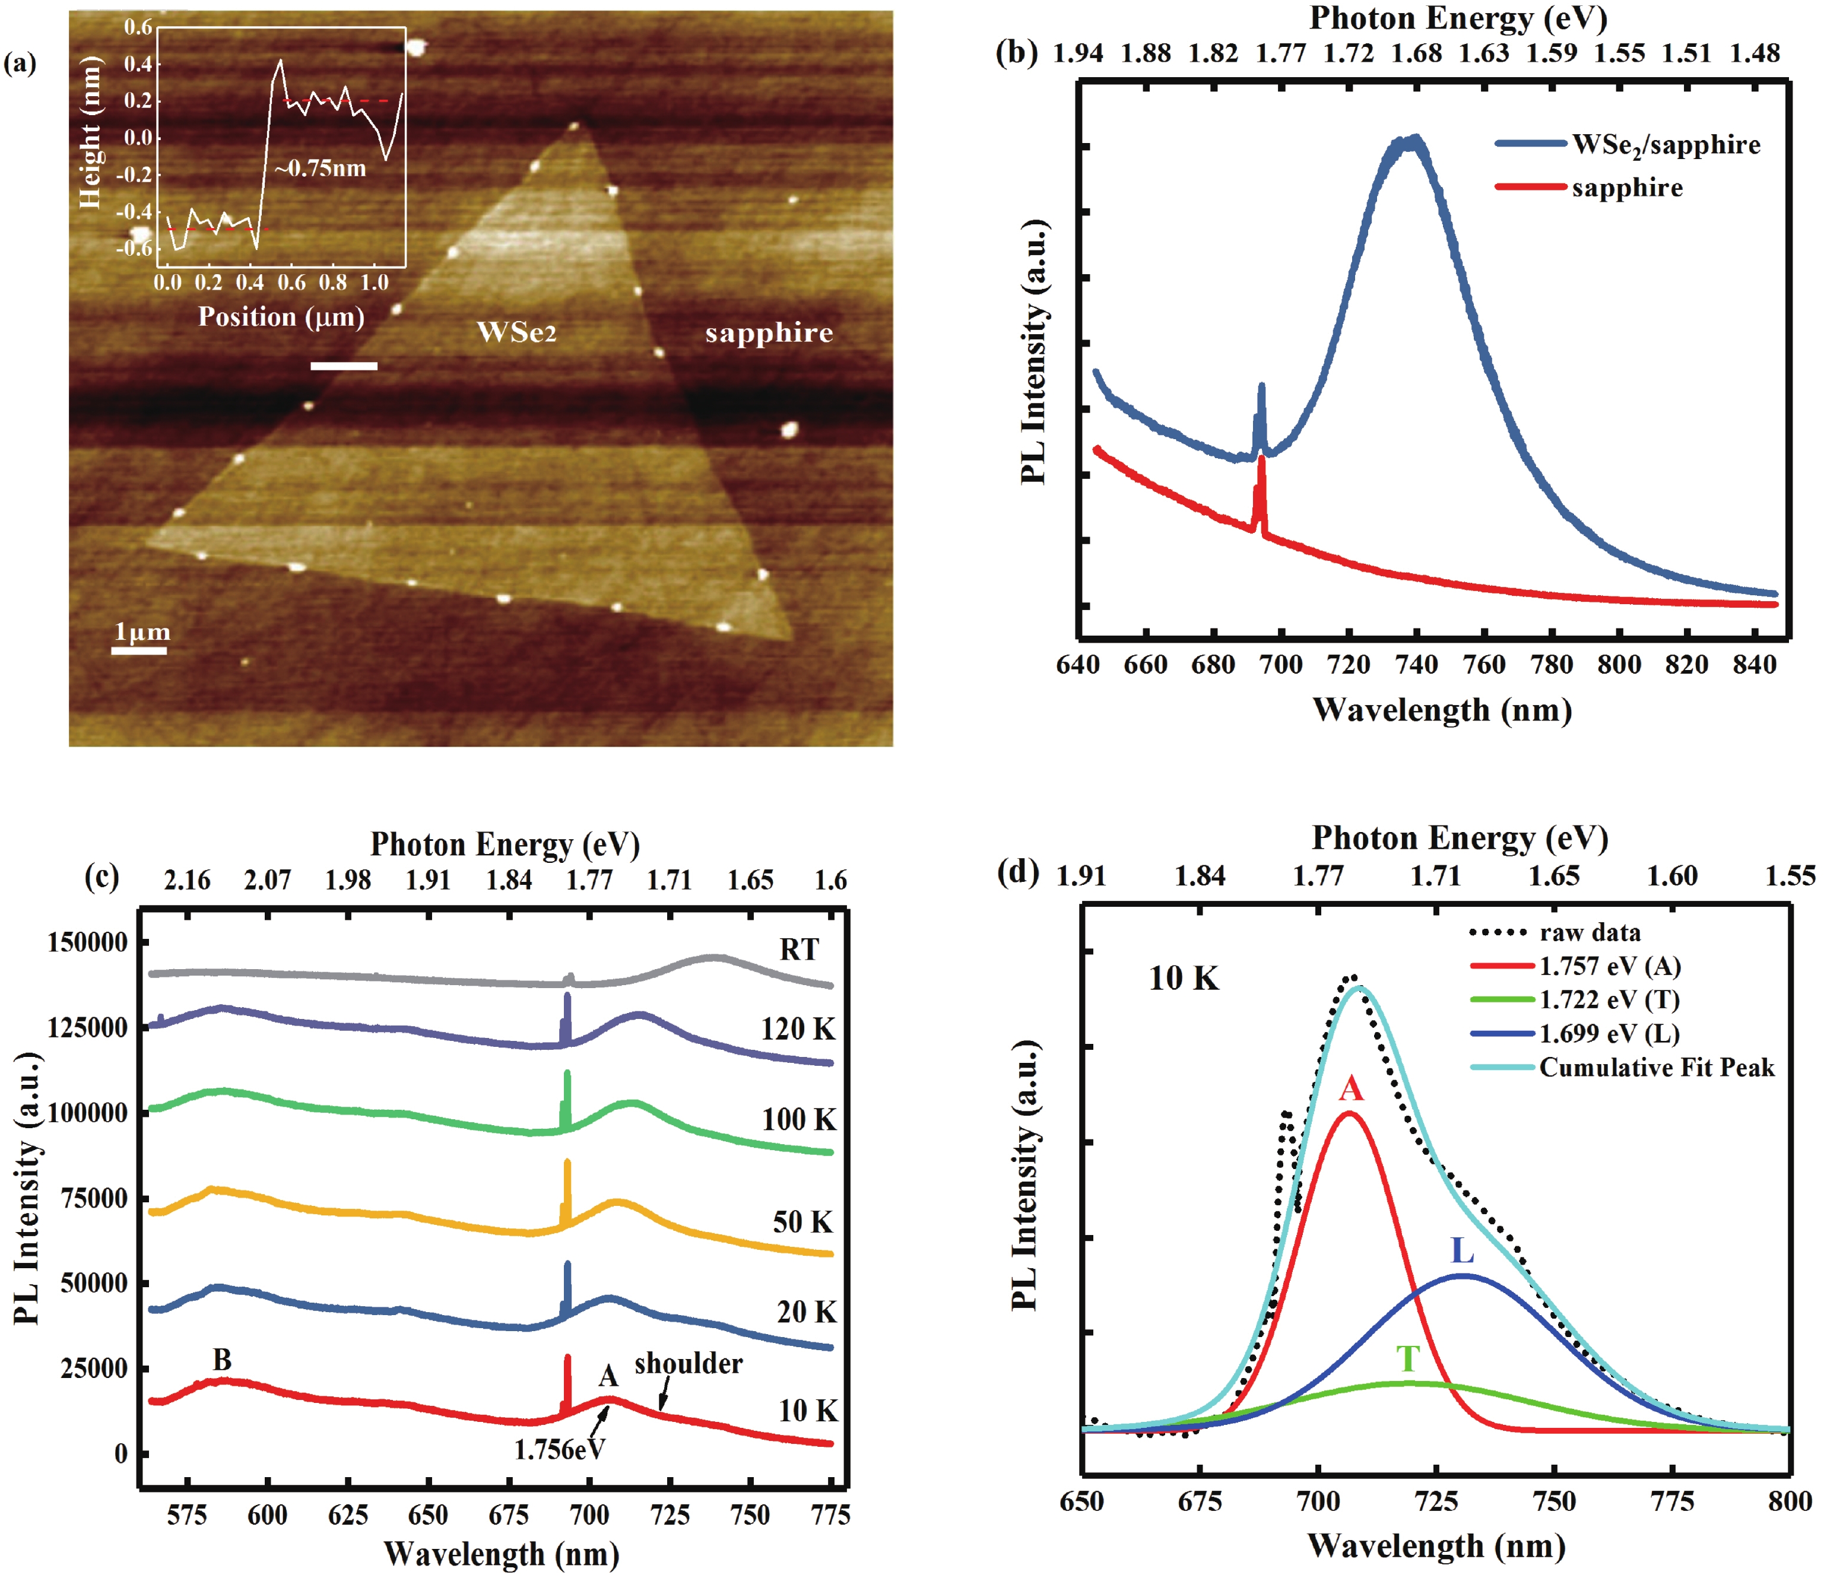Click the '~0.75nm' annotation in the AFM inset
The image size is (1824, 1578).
point(320,168)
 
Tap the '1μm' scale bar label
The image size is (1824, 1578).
point(142,632)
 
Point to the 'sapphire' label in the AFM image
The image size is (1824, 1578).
point(769,333)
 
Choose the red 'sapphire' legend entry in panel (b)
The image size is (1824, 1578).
point(1627,188)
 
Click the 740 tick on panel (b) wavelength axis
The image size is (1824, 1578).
point(1416,664)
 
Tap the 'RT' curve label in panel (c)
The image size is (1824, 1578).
point(799,950)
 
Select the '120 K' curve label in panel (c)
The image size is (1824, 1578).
point(798,1030)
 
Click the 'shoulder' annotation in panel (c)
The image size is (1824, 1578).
point(688,1364)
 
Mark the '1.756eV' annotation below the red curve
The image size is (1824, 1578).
point(560,1449)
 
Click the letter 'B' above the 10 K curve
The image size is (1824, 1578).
point(222,1360)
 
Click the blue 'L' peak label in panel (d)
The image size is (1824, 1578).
point(1462,1250)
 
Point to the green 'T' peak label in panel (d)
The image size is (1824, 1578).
point(1407,1360)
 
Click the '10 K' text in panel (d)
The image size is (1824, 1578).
point(1184,979)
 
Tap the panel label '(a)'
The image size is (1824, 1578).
point(20,63)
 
